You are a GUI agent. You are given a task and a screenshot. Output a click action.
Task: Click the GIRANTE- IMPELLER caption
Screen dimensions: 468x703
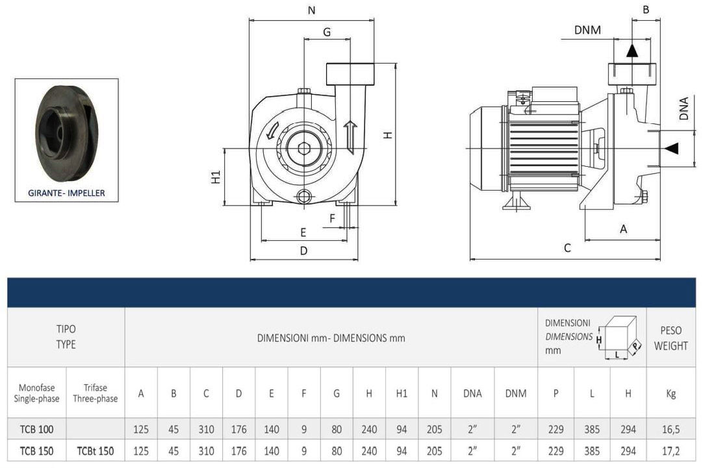click(66, 193)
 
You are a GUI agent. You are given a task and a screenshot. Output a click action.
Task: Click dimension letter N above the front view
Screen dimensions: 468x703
click(311, 10)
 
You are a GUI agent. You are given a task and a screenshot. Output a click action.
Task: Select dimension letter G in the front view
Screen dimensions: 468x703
click(327, 32)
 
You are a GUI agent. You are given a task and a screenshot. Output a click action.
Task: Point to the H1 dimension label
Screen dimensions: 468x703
click(216, 177)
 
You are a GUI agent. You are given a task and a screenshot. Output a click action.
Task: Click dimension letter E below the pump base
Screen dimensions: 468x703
click(303, 232)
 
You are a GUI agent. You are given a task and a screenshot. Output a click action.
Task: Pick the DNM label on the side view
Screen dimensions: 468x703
click(587, 30)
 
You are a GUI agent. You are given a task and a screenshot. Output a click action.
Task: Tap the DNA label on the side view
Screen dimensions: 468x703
click(684, 109)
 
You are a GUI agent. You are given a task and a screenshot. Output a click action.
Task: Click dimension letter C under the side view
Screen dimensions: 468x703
click(567, 248)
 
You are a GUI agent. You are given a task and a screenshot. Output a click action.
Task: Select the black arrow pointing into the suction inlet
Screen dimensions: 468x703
click(671, 148)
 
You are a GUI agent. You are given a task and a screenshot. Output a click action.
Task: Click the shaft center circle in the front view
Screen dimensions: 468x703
click(303, 148)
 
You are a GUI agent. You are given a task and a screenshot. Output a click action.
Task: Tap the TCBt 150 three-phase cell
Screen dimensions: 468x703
click(96, 450)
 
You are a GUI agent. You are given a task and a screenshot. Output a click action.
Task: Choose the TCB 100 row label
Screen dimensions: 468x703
click(36, 429)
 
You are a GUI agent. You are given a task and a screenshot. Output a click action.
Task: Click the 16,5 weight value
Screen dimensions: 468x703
click(671, 429)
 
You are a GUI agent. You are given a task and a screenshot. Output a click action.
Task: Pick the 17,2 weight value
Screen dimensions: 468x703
click(671, 450)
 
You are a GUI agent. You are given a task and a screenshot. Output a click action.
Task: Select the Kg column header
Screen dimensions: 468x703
click(671, 393)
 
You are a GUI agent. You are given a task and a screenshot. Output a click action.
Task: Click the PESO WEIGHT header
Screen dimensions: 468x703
click(671, 338)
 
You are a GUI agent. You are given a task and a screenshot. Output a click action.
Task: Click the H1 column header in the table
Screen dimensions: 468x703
click(402, 393)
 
